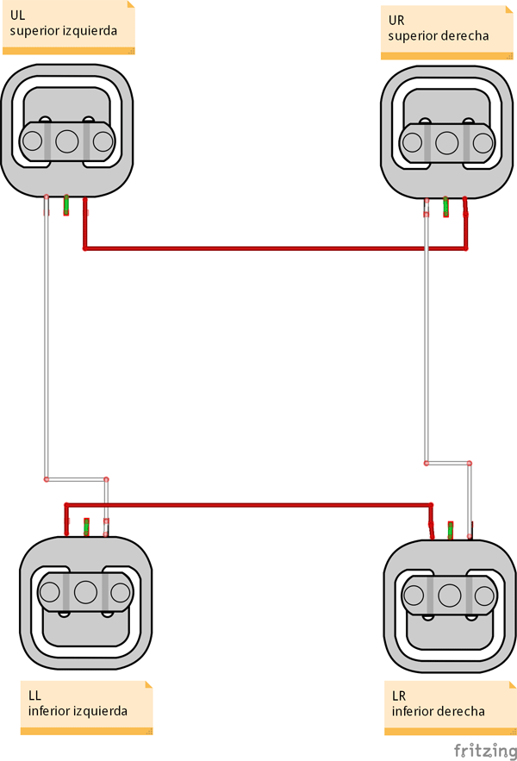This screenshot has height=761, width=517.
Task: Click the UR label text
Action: (396, 20)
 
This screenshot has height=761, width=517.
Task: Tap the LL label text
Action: (34, 695)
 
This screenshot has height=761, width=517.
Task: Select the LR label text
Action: (399, 696)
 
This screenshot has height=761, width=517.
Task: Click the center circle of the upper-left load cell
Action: (67, 140)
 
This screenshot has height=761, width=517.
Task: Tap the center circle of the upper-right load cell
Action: (446, 142)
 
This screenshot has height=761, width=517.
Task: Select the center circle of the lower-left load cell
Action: (84, 592)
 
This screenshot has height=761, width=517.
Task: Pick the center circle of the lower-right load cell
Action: (449, 595)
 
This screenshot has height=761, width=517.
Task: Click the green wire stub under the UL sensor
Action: (66, 205)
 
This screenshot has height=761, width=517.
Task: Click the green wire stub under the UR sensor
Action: (445, 207)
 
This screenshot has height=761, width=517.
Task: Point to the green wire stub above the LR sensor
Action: (451, 528)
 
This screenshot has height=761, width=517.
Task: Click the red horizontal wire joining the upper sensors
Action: (258, 249)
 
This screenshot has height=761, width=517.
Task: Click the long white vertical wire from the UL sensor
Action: (47, 345)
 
